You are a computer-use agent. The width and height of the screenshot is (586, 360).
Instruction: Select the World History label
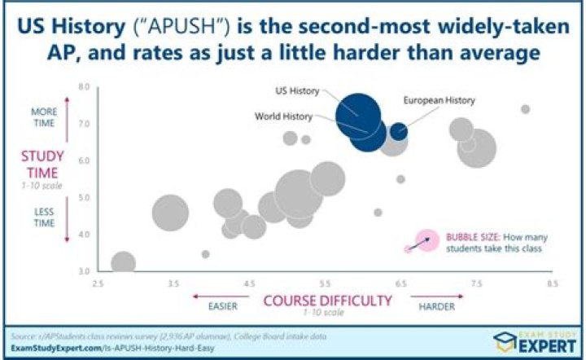(284, 116)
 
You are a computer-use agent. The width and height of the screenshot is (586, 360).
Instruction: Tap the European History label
(439, 100)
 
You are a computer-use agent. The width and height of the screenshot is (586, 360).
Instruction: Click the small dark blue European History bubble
(399, 131)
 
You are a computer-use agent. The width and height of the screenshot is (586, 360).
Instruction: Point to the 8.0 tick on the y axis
(84, 86)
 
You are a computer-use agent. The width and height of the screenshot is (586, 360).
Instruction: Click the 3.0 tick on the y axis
(84, 270)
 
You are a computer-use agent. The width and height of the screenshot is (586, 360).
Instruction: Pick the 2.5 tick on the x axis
(98, 283)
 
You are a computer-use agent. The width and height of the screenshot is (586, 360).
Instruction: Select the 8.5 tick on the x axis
(552, 283)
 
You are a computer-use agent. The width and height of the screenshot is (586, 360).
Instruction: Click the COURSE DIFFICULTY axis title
(326, 301)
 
